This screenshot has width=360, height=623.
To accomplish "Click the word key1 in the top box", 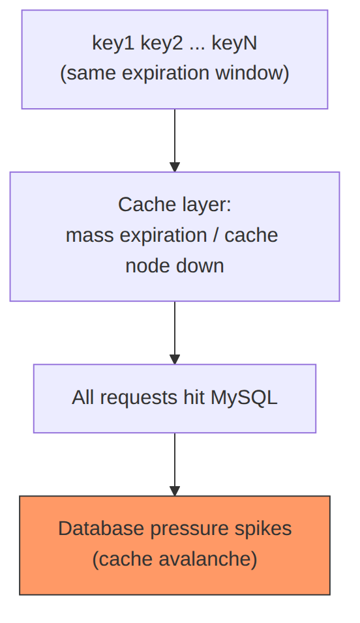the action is [113, 43].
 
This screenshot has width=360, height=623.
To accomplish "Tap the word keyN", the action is [234, 43].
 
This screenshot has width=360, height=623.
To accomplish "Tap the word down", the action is [200, 266].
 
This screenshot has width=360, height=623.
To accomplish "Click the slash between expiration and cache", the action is [216, 235].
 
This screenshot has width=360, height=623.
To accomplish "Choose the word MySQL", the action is [244, 398].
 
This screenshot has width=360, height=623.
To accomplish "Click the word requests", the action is [139, 398].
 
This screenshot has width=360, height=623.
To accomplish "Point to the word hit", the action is [194, 398].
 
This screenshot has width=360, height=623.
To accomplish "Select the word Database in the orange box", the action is [102, 529].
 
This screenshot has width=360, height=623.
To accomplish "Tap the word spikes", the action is [260, 529].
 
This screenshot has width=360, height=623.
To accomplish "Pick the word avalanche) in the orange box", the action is [208, 559].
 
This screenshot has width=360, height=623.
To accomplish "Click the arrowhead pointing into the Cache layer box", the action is [175, 167].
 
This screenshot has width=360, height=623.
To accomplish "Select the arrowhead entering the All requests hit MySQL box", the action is [175, 359].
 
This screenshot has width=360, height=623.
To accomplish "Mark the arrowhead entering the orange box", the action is [175, 491].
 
